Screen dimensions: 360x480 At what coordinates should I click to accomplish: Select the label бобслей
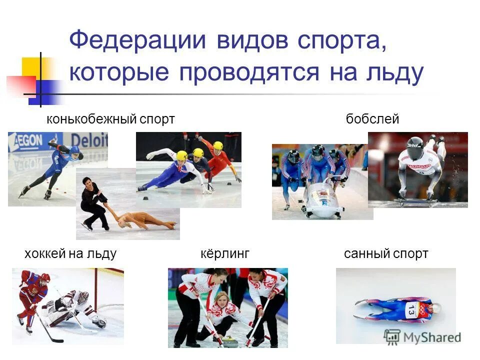click(x=372, y=119)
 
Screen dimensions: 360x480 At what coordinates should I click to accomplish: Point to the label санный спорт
click(x=386, y=254)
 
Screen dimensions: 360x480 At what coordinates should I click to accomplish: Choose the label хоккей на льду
click(x=70, y=254)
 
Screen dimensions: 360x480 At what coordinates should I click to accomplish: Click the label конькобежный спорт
click(x=110, y=119)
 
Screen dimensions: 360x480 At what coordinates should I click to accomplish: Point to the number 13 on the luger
click(x=411, y=310)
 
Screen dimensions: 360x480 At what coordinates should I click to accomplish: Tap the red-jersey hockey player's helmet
click(x=45, y=277)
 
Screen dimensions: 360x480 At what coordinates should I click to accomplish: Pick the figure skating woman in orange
click(x=142, y=220)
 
